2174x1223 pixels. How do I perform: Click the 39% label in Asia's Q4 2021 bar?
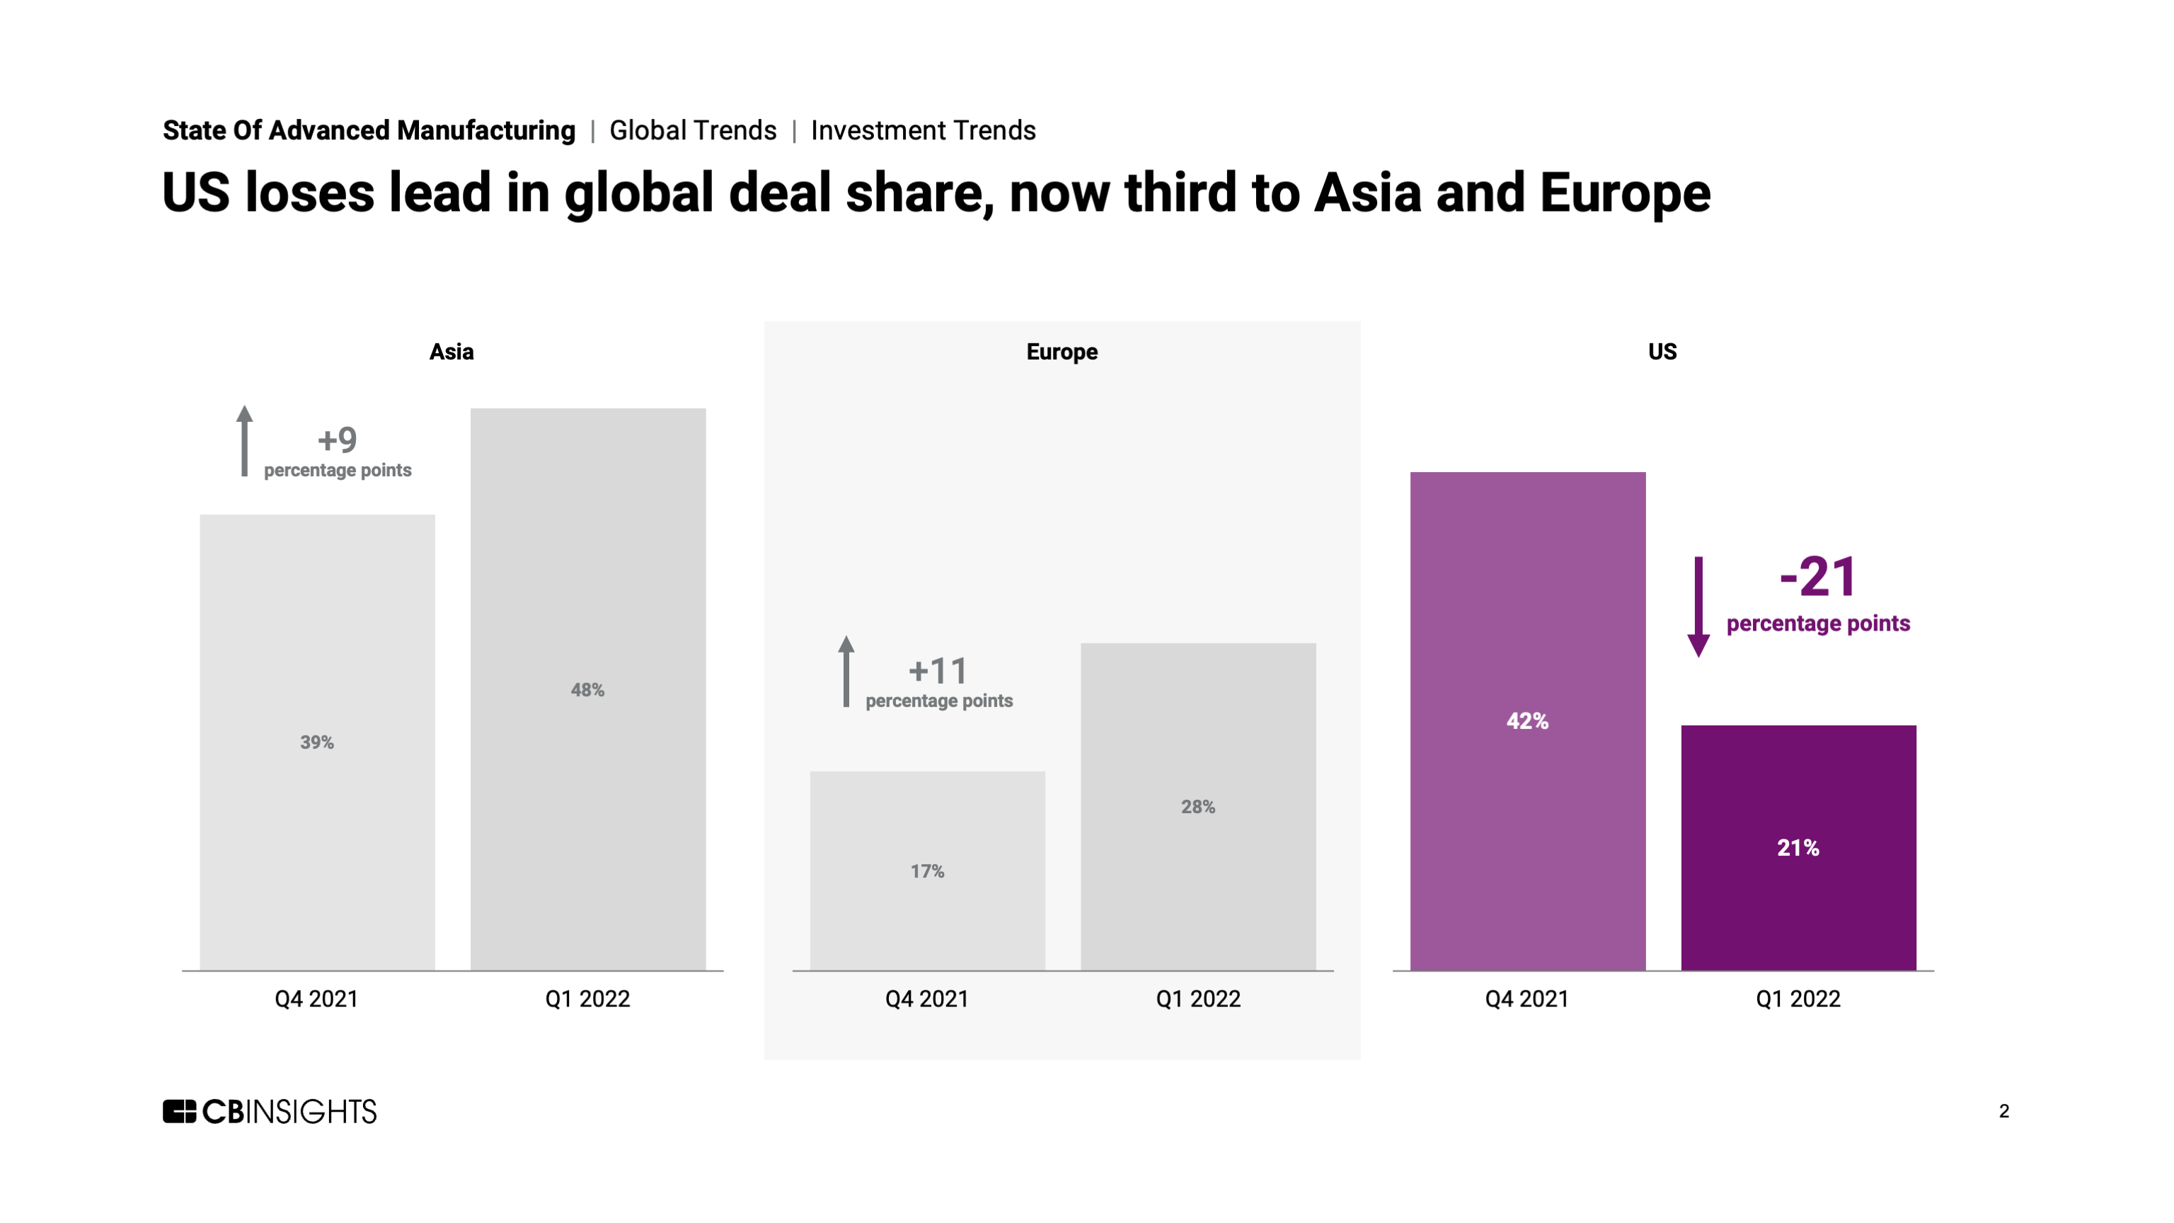[316, 742]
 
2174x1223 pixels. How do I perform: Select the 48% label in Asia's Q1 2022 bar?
[587, 691]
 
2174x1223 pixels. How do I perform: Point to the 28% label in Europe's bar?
[1197, 807]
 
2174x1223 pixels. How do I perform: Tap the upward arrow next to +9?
[245, 441]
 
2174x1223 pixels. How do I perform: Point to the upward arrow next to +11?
[846, 671]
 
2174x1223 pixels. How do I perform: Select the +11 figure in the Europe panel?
[938, 671]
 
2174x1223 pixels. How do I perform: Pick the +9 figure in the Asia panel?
[337, 440]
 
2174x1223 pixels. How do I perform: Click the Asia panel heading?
[452, 352]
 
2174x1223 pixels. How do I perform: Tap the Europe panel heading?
[1062, 352]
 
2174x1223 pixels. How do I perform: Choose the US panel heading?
[1662, 352]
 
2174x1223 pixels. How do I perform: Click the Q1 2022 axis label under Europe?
[1197, 999]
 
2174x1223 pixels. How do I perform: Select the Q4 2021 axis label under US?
[1526, 999]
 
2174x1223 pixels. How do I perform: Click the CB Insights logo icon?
[179, 1112]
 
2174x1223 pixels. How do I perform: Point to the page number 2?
[2003, 1112]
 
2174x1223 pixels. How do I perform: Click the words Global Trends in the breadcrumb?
[693, 131]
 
